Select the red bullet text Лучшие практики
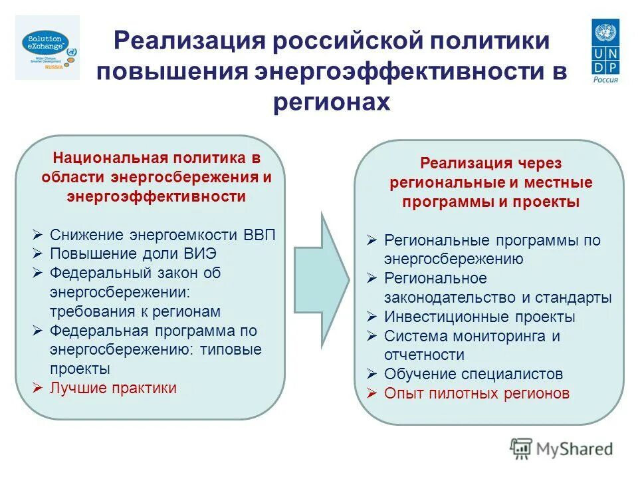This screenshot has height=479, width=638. pyautogui.click(x=114, y=388)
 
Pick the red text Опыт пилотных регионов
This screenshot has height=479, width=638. pyautogui.click(x=477, y=393)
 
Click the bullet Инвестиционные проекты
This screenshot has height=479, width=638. pyautogui.click(x=479, y=317)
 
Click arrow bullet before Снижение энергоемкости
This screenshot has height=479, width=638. pyautogui.click(x=38, y=235)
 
